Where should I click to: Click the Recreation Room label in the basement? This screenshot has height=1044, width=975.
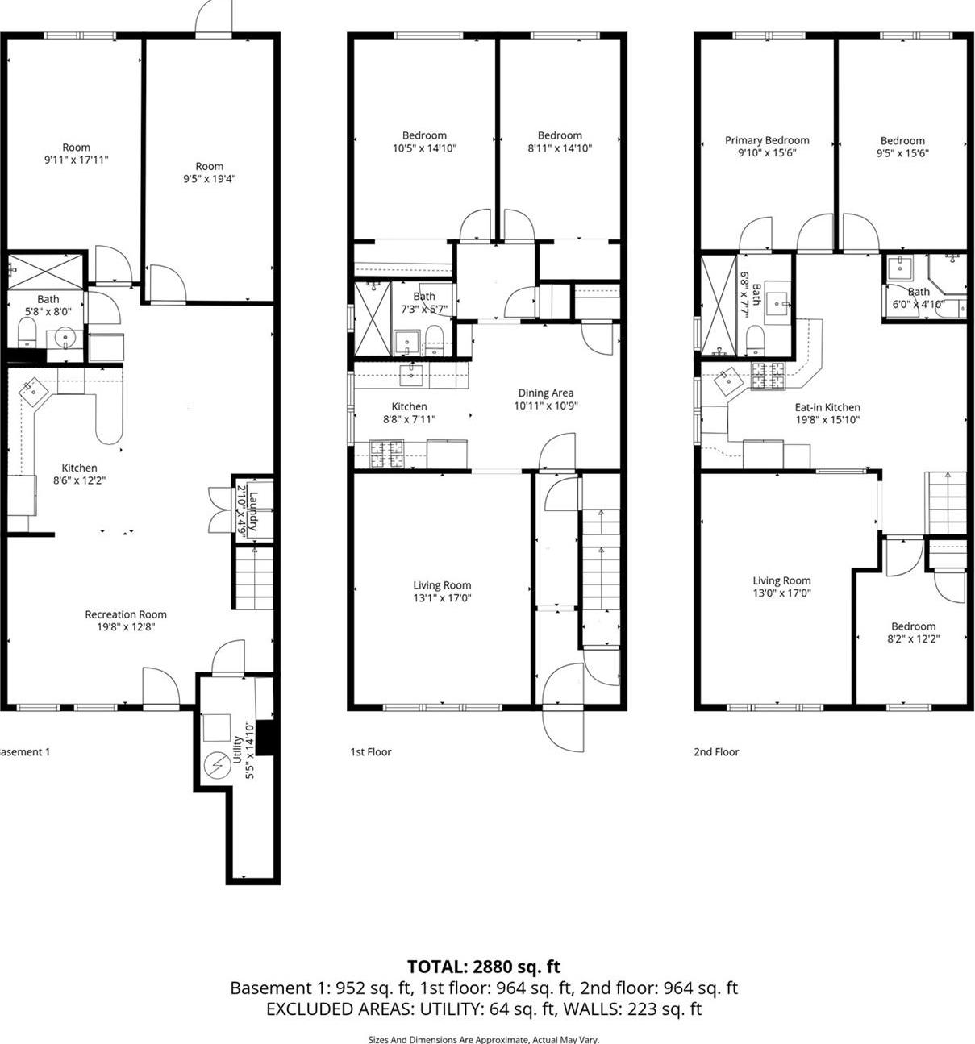pyautogui.click(x=126, y=614)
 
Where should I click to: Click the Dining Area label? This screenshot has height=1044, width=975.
pyautogui.click(x=546, y=393)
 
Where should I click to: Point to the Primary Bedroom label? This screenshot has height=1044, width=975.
pyautogui.click(x=767, y=140)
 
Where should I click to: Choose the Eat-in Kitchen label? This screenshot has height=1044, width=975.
pyautogui.click(x=827, y=407)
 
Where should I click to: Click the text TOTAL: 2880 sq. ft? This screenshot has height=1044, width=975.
pyautogui.click(x=483, y=967)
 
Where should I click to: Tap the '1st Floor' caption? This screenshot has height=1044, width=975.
pyautogui.click(x=370, y=752)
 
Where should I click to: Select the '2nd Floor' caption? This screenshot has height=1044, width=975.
pyautogui.click(x=716, y=752)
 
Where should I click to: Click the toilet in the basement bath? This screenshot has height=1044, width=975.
pyautogui.click(x=27, y=331)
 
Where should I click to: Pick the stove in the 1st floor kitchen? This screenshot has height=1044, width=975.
pyautogui.click(x=386, y=453)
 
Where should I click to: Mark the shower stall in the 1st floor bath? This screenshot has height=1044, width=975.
pyautogui.click(x=373, y=318)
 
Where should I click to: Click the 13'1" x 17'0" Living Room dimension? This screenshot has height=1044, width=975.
pyautogui.click(x=442, y=598)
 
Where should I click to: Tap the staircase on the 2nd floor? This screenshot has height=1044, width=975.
pyautogui.click(x=945, y=502)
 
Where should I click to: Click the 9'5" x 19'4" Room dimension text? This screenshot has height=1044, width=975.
pyautogui.click(x=209, y=179)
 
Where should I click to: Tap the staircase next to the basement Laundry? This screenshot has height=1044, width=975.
pyautogui.click(x=254, y=577)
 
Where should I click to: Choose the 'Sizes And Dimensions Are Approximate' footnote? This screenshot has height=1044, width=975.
pyautogui.click(x=483, y=1039)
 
